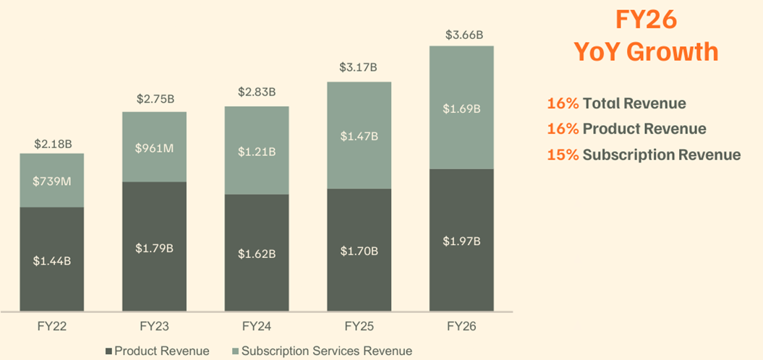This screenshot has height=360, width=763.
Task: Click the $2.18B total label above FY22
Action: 53,144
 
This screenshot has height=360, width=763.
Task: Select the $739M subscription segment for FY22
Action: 53,181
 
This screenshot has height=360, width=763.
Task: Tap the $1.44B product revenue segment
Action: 53,260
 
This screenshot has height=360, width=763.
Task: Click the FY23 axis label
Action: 155,327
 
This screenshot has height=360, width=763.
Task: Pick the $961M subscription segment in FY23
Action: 155,147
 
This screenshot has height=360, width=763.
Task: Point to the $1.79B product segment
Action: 155,247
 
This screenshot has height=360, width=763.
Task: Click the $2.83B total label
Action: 257,93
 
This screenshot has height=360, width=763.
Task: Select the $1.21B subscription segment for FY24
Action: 257,151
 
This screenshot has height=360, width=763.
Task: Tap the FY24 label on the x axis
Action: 257,327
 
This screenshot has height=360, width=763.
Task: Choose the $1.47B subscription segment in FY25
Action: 359,136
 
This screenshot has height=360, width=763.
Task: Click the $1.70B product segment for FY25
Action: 359,251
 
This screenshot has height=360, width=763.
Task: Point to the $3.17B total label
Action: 359,68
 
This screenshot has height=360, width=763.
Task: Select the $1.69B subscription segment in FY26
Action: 461,108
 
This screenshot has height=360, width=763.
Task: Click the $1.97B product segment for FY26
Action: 461,241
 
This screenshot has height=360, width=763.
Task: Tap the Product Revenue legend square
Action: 109,351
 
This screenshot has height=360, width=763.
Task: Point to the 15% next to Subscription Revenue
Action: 563,155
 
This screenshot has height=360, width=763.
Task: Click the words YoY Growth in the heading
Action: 646,51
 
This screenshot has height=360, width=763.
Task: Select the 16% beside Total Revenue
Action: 563,103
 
